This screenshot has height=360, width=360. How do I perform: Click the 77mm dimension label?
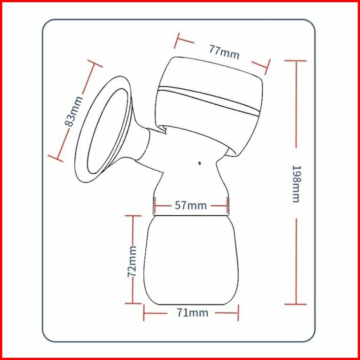coord(224,52)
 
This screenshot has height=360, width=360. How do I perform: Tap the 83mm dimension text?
coord(74,112)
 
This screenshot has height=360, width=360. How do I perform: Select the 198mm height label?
coord(296,184)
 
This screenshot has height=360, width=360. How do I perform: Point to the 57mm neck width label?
coord(191,205)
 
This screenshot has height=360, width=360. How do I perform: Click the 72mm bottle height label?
coord(132,261)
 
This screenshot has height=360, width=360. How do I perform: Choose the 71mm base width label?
coord(192,312)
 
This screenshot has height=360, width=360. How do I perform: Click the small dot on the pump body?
coord(199,163)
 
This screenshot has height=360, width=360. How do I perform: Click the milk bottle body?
coord(191,260)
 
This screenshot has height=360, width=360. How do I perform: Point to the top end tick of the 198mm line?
coord(296,61)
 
